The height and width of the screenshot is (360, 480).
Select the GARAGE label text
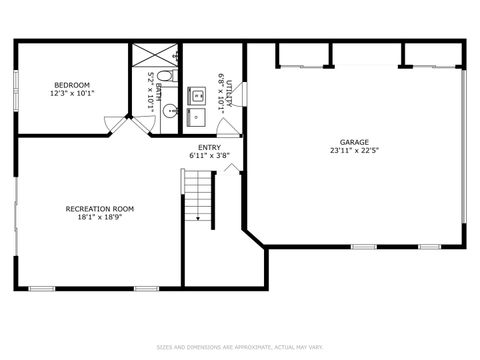coord(354,142)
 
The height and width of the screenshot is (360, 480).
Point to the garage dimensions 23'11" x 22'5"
coord(354,151)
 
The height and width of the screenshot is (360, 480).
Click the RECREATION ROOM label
coord(99,208)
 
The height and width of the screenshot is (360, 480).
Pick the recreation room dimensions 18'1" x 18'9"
coord(99,217)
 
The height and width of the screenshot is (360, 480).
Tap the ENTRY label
coord(209,148)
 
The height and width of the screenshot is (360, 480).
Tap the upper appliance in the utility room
coord(197,97)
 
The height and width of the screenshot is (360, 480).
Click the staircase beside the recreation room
coord(198,195)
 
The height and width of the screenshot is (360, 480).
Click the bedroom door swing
coord(117,125)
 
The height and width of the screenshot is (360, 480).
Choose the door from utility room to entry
coord(229,127)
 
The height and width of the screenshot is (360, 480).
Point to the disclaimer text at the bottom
coord(239,347)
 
